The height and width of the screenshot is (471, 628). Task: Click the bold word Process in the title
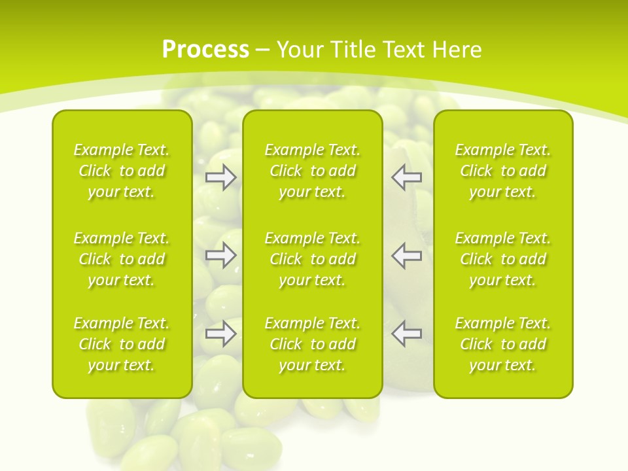(205, 50)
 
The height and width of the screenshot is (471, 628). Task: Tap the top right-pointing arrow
(220, 177)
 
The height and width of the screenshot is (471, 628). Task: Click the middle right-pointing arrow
(220, 255)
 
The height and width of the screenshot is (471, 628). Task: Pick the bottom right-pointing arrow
(220, 334)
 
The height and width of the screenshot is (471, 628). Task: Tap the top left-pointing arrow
(407, 177)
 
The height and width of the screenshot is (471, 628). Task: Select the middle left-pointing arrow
(407, 255)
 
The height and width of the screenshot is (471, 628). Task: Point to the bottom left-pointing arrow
(407, 334)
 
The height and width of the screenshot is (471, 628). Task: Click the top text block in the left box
(122, 171)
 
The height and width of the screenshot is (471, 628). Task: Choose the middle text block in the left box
(122, 259)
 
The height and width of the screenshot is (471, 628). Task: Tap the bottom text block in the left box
(122, 344)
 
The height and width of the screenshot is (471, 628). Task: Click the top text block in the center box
(312, 171)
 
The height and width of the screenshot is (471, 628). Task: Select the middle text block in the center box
(312, 259)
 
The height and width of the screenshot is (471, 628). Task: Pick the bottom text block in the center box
(312, 344)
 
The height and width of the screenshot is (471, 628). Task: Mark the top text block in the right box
(502, 171)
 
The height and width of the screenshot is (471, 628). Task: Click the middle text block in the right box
(502, 259)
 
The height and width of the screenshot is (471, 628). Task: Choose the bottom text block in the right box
(502, 344)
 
